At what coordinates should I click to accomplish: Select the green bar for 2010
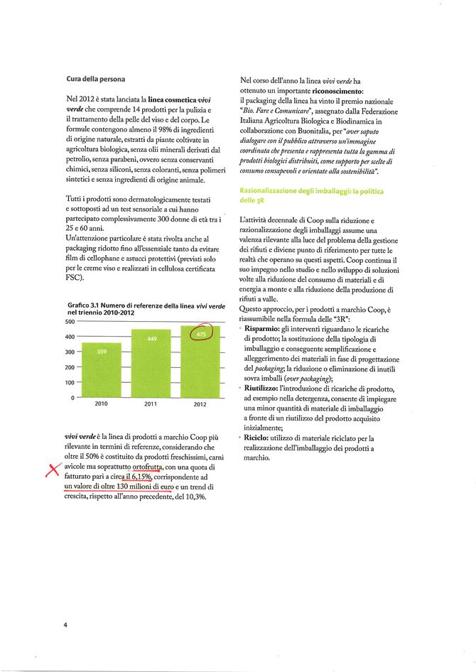(x=102, y=370)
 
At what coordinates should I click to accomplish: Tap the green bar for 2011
(x=151, y=363)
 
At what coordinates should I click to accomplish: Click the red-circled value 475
(x=201, y=334)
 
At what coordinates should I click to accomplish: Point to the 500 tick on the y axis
(x=70, y=322)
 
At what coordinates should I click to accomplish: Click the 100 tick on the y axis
(x=70, y=382)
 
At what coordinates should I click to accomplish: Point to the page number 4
(x=65, y=625)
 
